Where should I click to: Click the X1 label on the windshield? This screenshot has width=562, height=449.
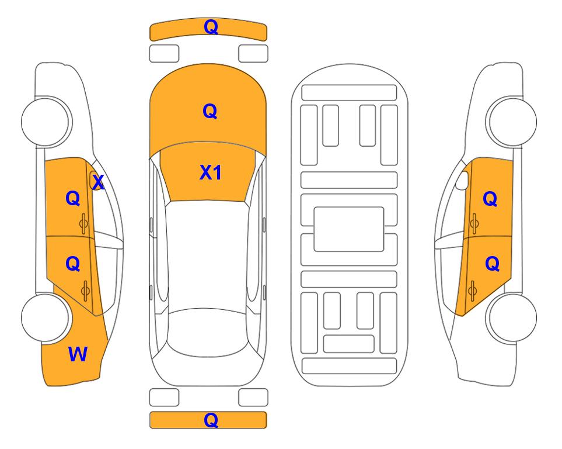211,172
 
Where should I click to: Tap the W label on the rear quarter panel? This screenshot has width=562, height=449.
78,354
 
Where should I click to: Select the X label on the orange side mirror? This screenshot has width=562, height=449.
98,182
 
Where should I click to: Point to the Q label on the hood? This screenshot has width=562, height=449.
210,111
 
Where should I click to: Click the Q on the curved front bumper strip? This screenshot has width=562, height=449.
211,26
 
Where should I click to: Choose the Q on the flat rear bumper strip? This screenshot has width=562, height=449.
211,420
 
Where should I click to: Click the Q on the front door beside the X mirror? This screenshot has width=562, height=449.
73,198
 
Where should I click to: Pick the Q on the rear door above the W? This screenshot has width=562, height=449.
73,264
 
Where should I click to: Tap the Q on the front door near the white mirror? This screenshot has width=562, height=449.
490,199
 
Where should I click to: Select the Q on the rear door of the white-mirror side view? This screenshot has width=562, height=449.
492,264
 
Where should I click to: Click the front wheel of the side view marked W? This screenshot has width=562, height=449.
46,122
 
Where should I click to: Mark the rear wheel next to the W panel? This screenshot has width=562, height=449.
46,318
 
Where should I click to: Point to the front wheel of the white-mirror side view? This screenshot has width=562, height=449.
512,122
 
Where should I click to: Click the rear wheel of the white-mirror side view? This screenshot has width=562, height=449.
512,318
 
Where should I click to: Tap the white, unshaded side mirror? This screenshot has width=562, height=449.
462,180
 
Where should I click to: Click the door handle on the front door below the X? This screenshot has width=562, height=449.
83,223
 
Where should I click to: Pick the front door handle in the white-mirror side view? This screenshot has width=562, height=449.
474,223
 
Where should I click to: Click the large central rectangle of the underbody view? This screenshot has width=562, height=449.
349,229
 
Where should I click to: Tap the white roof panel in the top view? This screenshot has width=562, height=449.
208,255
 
